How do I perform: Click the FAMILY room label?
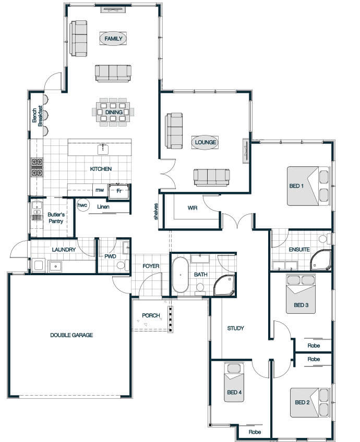113,39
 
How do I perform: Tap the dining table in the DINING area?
113,112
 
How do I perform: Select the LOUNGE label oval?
206,142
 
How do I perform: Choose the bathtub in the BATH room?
181,275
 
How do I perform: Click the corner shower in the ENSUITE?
321,260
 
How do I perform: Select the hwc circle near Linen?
82,205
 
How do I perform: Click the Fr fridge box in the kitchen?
119,191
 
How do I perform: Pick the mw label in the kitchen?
100,190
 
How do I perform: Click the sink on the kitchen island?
103,149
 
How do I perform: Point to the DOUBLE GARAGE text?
71,335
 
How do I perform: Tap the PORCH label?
151,315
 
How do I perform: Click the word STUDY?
236,328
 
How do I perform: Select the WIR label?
193,208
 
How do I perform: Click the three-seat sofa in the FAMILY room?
113,73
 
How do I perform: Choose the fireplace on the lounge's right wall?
246,151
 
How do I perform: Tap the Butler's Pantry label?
56,218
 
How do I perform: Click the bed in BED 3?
301,294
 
